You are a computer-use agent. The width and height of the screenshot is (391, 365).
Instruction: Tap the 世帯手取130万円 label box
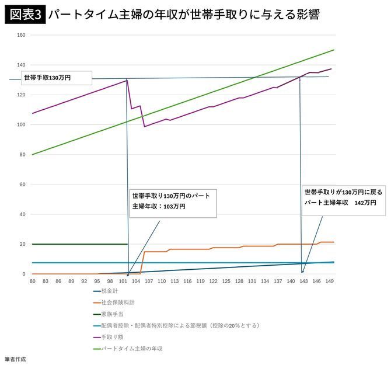click(50, 78)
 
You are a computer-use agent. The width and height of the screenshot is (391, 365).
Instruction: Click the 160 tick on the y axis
click(21, 35)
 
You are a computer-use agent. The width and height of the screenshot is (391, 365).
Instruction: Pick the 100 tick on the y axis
click(21, 125)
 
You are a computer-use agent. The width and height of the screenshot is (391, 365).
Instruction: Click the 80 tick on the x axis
click(33, 281)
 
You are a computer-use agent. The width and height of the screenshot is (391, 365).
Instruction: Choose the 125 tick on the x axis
click(225, 281)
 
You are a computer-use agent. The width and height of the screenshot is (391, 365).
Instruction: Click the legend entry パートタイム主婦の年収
click(132, 348)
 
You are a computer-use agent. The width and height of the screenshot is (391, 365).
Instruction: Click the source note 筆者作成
click(16, 358)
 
